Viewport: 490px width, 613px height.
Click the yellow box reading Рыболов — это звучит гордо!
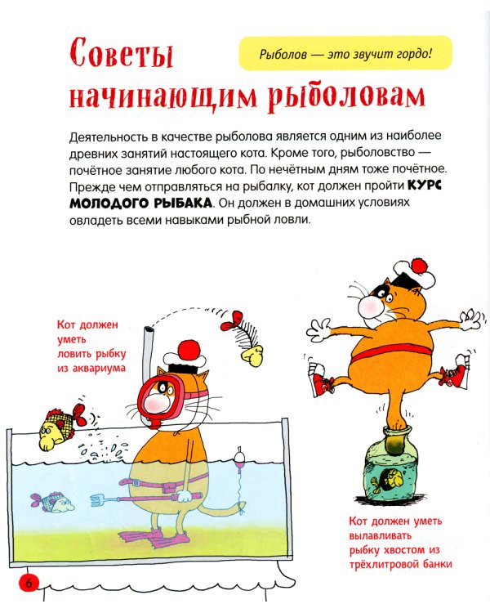point(345,56)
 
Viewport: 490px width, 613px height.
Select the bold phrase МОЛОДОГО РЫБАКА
point(144,202)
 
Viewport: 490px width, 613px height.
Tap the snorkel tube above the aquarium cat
point(149,347)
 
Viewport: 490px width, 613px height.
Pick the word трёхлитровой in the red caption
point(385,564)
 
